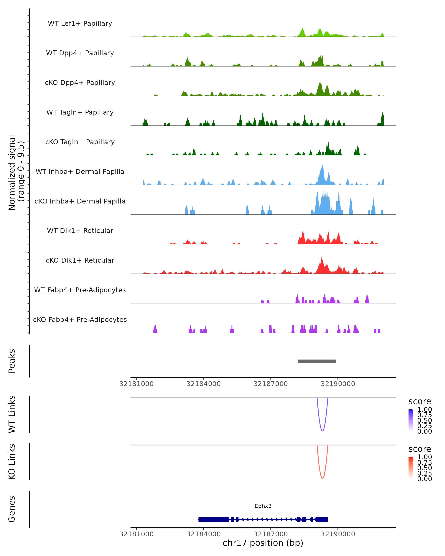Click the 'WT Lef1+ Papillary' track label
[x=80, y=24]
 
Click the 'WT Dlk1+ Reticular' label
[x=80, y=231]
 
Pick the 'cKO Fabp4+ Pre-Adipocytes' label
[x=80, y=320]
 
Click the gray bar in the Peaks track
[x=317, y=361]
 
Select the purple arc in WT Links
[x=322, y=431]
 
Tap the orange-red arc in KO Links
[x=322, y=478]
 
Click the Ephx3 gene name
[x=263, y=506]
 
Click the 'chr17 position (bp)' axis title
[x=263, y=543]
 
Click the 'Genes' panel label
[x=12, y=509]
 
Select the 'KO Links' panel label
[x=12, y=462]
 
